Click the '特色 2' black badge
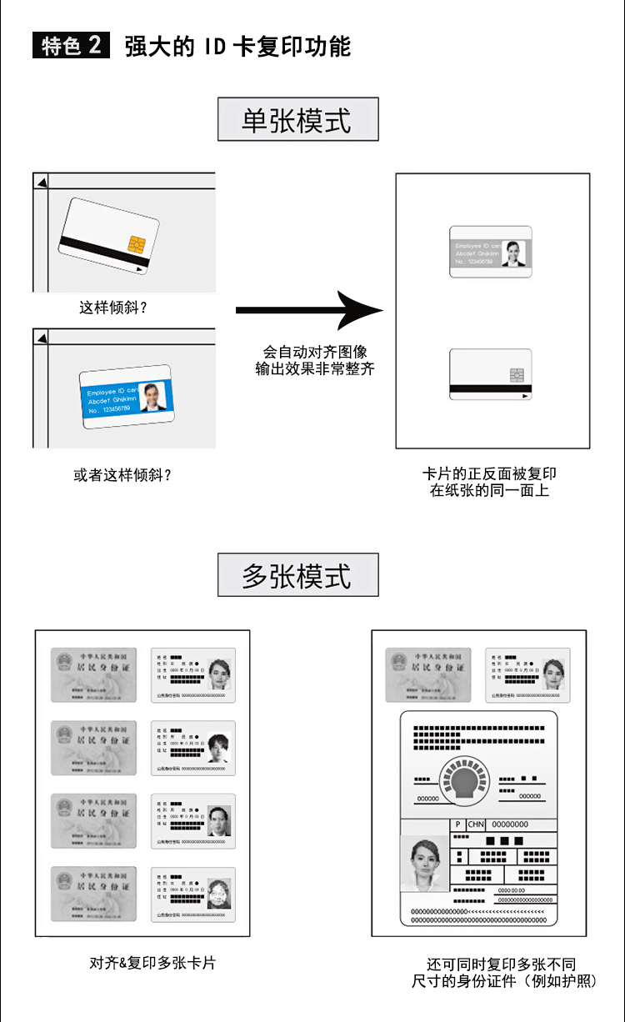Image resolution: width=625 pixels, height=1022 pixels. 72,45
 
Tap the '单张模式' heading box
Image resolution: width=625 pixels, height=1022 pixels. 297,120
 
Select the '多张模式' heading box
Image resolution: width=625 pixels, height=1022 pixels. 297,575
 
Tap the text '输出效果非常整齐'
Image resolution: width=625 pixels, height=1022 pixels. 315,368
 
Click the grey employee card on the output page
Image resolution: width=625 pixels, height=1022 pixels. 490,252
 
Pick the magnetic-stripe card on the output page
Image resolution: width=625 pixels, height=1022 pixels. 490,374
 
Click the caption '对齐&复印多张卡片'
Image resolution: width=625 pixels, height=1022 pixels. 152,962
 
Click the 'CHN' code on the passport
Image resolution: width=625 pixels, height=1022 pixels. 476,824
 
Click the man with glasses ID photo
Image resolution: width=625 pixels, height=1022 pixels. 218,820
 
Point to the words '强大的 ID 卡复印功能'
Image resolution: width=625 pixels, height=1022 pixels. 237,46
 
